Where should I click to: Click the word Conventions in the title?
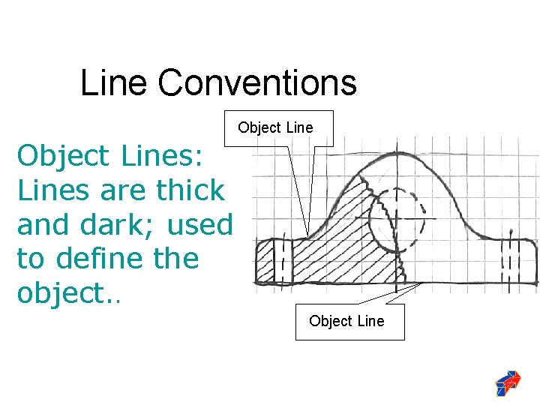pos(257,82)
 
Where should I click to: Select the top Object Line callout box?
pos(275,127)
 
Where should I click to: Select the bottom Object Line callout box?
pos(346,321)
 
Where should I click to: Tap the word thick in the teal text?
pos(190,190)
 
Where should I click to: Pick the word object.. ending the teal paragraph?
pos(72,293)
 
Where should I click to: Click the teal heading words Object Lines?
pos(115,156)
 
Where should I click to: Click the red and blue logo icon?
pos(508,382)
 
